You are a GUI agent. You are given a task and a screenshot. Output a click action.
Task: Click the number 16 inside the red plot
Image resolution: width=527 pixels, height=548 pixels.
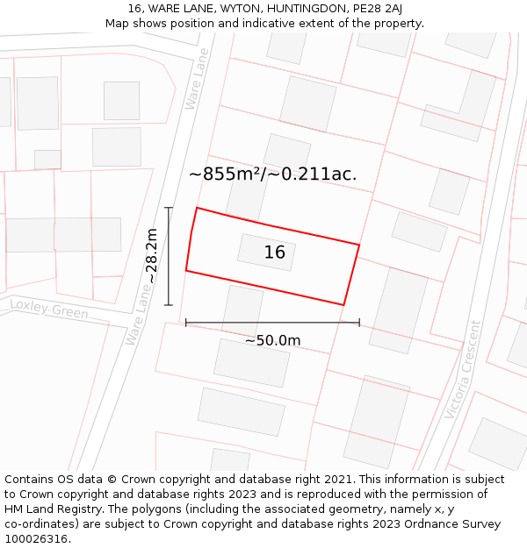[x=275, y=253]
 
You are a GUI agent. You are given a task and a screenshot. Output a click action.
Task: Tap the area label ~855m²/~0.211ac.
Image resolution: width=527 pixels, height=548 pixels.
[x=272, y=174]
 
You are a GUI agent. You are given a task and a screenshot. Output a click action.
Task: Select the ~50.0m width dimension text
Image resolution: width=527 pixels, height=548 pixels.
[x=272, y=340]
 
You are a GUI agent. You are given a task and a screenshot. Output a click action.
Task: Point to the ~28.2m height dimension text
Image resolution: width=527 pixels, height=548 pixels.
[x=152, y=255]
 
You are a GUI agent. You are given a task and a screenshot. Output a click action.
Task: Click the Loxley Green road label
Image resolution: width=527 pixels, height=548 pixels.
[x=49, y=309]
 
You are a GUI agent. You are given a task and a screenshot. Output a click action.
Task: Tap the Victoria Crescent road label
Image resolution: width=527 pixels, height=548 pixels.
[x=463, y=368]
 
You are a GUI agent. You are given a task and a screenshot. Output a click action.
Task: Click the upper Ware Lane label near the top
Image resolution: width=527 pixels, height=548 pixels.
[x=198, y=79]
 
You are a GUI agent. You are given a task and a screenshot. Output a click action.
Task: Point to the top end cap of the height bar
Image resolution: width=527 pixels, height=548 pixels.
[x=168, y=207]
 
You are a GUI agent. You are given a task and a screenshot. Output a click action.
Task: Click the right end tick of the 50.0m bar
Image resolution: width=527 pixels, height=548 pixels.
[x=359, y=323]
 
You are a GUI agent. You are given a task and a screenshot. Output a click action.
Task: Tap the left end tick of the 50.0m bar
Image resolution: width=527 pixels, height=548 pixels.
[x=186, y=323]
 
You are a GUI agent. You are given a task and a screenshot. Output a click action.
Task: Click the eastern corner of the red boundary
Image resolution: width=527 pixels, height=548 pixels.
[x=359, y=245]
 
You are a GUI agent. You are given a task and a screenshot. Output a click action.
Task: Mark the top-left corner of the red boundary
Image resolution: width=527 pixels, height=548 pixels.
[x=197, y=208]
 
